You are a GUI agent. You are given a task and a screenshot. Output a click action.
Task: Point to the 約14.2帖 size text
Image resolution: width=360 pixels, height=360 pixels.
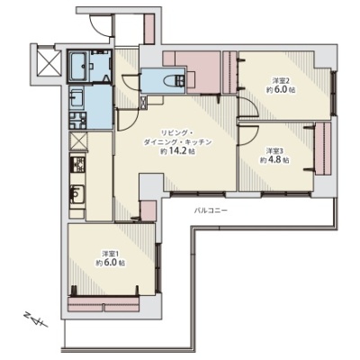pyautogui.click(x=178, y=151)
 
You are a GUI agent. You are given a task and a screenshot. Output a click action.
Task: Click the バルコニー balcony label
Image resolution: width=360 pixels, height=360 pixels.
pyautogui.click(x=211, y=211)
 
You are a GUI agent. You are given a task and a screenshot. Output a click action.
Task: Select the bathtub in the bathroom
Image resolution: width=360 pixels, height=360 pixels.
pyautogui.click(x=78, y=66)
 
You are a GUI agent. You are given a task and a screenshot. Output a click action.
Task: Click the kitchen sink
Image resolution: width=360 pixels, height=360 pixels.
pyautogui.click(x=77, y=195)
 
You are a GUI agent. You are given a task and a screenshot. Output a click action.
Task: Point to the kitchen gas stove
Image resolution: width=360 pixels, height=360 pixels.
pyautogui.click(x=77, y=165)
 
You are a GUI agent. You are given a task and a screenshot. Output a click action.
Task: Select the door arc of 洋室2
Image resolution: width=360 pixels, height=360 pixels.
pyautogui.click(x=252, y=106)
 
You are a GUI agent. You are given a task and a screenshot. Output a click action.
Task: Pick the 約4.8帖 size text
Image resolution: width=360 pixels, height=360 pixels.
pyautogui.click(x=274, y=160)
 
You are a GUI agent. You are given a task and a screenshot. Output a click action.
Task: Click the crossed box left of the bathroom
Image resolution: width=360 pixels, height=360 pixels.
pyautogui.click(x=48, y=63)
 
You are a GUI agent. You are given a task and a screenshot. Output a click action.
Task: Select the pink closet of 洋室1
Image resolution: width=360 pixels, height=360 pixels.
pyautogui.click(x=104, y=304)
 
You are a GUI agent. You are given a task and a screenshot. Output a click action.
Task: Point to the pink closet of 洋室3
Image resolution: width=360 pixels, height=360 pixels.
pyautogui.click(x=323, y=148)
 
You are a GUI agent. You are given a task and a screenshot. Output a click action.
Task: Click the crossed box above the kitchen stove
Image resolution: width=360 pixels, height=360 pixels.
pyautogui.click(x=78, y=141)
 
